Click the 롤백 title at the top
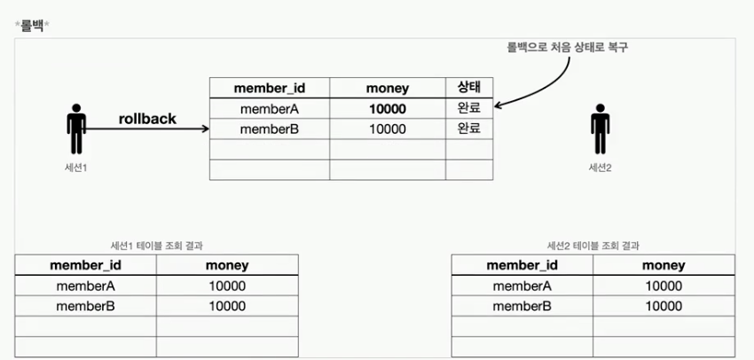pyautogui.click(x=33, y=23)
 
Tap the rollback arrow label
pyautogui.click(x=147, y=118)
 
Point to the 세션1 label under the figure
pyautogui.click(x=76, y=167)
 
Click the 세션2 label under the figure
pyautogui.click(x=601, y=167)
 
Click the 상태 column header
pyautogui.click(x=468, y=88)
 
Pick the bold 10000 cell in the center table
pyautogui.click(x=386, y=109)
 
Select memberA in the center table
pyautogui.click(x=270, y=109)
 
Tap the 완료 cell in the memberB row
pyautogui.click(x=468, y=129)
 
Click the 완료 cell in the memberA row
pyautogui.click(x=468, y=108)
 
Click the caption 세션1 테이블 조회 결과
pyautogui.click(x=156, y=246)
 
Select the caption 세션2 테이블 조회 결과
pyautogui.click(x=593, y=246)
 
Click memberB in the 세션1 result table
pyautogui.click(x=85, y=306)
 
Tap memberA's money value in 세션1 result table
pyautogui.click(x=227, y=286)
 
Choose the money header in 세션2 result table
pyautogui.click(x=664, y=265)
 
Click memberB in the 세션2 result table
pyautogui.click(x=522, y=306)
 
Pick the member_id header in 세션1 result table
pyautogui.click(x=85, y=265)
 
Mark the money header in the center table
pyautogui.click(x=386, y=88)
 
